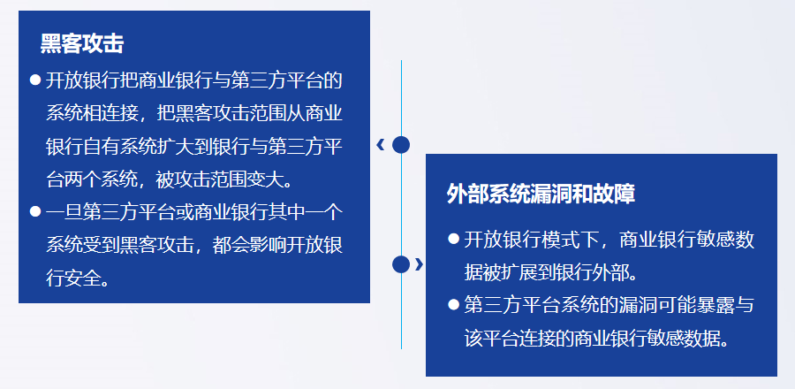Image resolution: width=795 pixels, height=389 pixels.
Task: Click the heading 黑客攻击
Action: (82, 44)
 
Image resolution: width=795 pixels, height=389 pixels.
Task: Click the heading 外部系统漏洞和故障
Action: (541, 194)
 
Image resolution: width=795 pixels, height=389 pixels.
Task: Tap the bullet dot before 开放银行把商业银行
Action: (35, 80)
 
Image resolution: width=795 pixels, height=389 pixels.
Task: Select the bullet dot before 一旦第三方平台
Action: (35, 211)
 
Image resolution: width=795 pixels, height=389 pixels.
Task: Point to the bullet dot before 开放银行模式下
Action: (453, 239)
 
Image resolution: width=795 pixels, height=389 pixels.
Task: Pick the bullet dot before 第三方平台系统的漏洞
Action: (453, 305)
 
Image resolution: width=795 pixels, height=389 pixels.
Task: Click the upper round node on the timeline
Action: (401, 145)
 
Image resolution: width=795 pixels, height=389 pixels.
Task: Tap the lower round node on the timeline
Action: (401, 264)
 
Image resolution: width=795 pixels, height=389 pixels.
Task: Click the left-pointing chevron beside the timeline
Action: (381, 145)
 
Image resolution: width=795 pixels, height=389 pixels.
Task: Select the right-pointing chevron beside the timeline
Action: (419, 264)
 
